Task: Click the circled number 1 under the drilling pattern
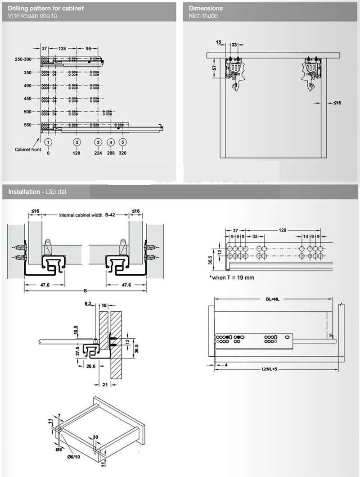point(48,142)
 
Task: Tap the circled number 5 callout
point(123,142)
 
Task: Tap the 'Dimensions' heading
point(206,8)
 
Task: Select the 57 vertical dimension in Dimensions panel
point(215,68)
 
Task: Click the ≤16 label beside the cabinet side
point(337,103)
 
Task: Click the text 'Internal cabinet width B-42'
point(86,215)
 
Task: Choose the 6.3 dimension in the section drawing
point(87,304)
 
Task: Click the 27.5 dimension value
point(78,350)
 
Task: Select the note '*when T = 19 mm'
point(231,277)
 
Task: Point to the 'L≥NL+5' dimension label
point(271,368)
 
